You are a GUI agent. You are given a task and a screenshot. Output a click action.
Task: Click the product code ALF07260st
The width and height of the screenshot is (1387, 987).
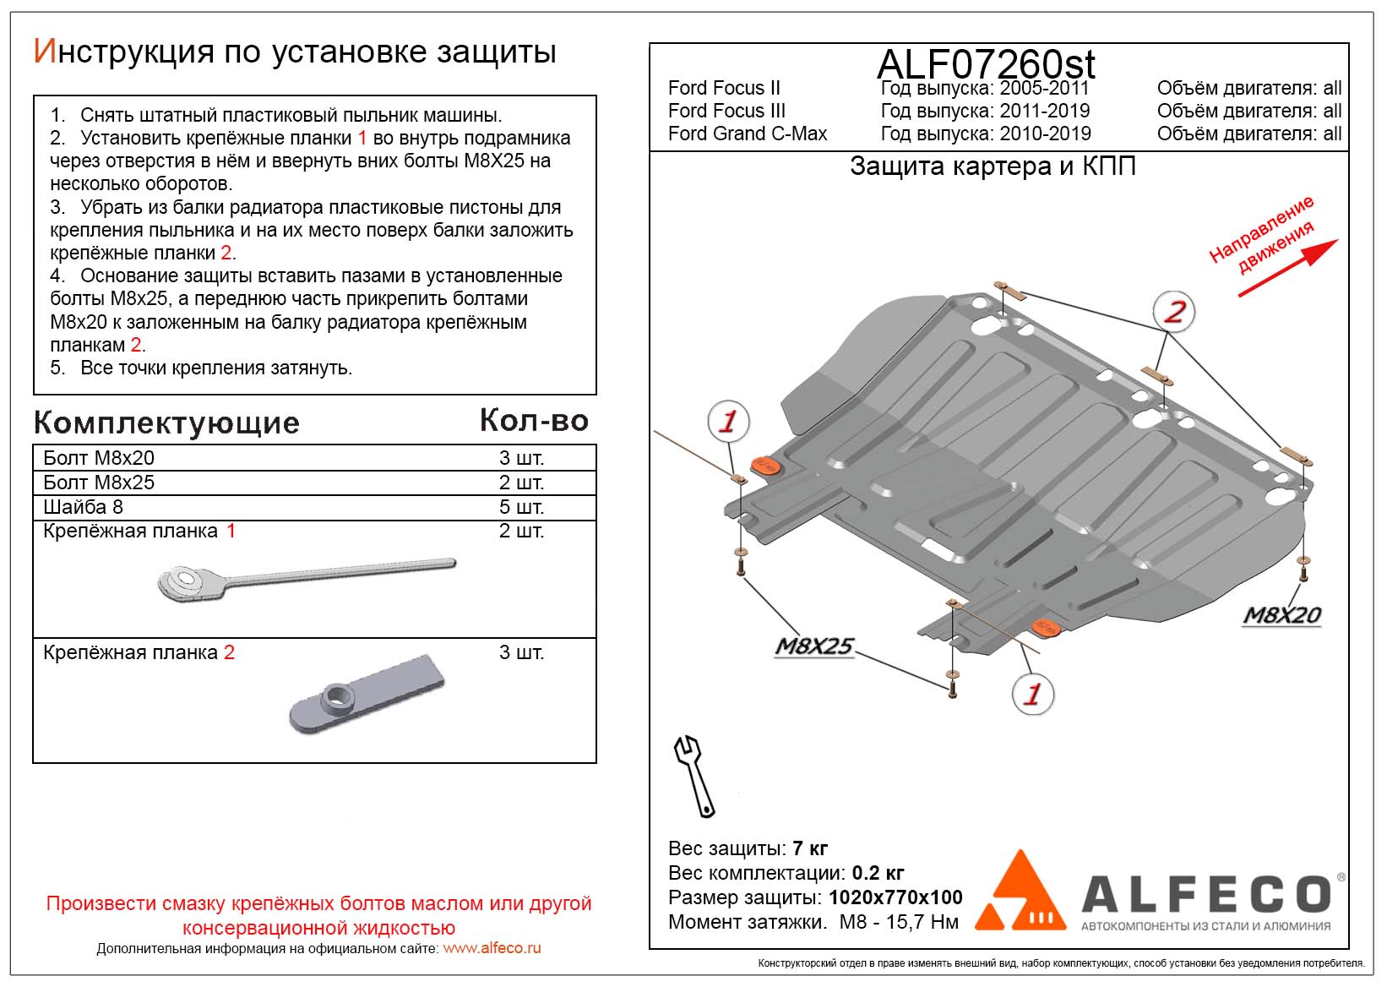[x=986, y=64]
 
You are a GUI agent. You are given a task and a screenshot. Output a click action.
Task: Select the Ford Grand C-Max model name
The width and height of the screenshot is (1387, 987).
[x=747, y=134]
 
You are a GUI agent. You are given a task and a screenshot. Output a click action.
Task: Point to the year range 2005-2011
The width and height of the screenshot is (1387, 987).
[x=1044, y=88]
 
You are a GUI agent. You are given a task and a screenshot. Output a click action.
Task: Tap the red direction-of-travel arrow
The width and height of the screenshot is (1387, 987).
[x=1288, y=268]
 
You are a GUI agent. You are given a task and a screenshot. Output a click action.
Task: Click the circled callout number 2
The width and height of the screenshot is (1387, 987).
[x=1174, y=311]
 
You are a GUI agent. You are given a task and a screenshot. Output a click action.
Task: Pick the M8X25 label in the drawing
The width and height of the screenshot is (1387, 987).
[x=813, y=646]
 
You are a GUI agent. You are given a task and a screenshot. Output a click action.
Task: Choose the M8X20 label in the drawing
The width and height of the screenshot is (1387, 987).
[x=1281, y=615]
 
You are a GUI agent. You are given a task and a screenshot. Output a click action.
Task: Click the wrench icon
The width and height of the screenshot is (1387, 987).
[x=694, y=775]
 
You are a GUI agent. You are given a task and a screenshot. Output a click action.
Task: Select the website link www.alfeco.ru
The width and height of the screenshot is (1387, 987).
[x=492, y=948]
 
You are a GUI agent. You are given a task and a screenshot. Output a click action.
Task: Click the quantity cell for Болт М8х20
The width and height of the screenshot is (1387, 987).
[x=521, y=458]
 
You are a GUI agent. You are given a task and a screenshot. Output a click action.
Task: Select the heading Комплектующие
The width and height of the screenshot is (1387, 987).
[x=166, y=423]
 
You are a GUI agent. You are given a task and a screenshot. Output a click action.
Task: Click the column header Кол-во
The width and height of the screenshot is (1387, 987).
[x=534, y=420]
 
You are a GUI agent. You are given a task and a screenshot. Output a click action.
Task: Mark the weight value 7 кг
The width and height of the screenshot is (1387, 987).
[x=810, y=848]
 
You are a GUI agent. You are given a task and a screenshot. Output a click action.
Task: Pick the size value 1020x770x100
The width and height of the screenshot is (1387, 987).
[x=895, y=897]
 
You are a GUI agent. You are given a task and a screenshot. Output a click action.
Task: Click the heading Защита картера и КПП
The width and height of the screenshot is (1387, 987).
[x=993, y=166]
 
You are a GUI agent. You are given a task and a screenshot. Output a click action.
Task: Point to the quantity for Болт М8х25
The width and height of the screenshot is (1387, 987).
[x=521, y=483]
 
